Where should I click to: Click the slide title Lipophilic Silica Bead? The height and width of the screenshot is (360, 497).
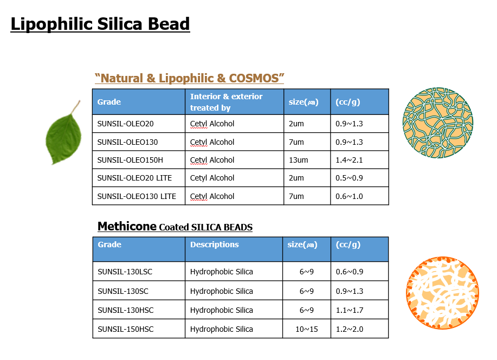coord(100,24)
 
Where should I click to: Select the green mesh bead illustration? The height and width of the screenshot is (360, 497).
coord(438,123)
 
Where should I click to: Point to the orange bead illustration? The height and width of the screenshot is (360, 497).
coord(442,293)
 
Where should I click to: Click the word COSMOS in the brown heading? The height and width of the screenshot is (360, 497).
coord(254,78)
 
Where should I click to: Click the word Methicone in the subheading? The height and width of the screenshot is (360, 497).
coord(127,227)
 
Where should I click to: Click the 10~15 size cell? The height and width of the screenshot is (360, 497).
coord(307,329)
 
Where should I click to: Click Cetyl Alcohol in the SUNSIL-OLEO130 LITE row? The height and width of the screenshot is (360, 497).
coord(212,196)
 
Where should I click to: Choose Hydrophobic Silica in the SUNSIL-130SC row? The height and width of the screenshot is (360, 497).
coord(222,291)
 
